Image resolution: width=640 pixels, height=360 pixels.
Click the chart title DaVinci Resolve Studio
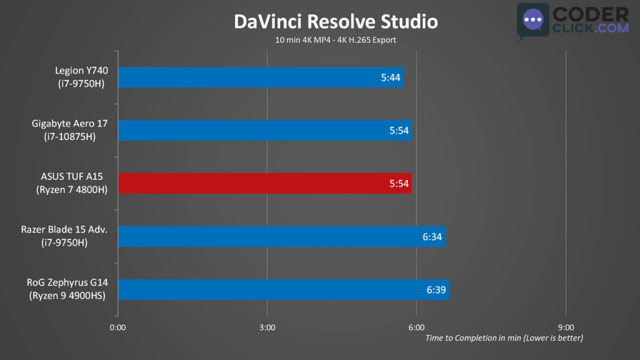(x=336, y=21)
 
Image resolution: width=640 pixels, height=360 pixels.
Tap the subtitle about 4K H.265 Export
(x=336, y=40)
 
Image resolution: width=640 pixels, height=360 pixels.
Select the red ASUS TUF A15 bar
(x=264, y=183)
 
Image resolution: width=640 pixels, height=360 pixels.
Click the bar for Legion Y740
(x=260, y=77)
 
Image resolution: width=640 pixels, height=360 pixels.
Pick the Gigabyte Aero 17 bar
(x=264, y=131)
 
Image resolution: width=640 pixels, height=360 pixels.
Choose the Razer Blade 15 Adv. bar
(x=281, y=237)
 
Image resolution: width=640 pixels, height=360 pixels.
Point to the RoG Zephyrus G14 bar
(x=282, y=289)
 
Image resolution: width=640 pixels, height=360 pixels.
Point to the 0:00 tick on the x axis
(x=117, y=327)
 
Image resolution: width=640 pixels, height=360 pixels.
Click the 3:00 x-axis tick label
(x=267, y=327)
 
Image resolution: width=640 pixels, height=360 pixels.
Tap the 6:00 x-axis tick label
(x=416, y=327)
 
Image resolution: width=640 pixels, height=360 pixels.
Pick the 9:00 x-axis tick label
(x=566, y=327)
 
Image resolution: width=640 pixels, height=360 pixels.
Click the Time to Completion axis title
(x=504, y=338)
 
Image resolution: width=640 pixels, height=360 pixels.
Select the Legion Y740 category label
(x=81, y=71)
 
